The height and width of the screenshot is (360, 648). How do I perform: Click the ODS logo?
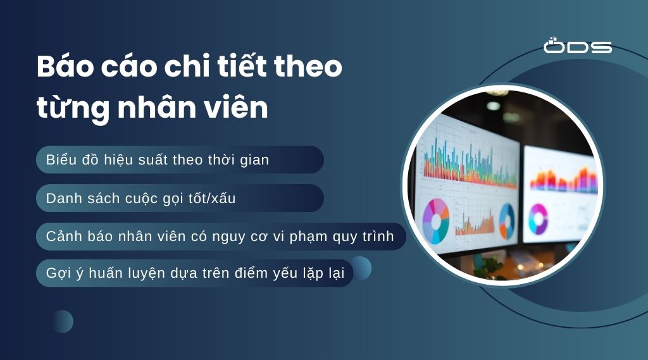[x=577, y=46]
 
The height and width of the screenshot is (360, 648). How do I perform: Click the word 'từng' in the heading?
[x=72, y=109]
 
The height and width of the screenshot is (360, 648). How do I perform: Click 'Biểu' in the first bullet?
[x=61, y=160]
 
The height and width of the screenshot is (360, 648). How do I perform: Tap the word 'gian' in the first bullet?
[x=254, y=160]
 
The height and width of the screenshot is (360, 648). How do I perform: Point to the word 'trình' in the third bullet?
[x=376, y=236]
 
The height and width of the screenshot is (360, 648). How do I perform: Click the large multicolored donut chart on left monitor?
[x=435, y=220]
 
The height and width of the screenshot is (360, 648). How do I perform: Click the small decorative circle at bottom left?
[x=63, y=321]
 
